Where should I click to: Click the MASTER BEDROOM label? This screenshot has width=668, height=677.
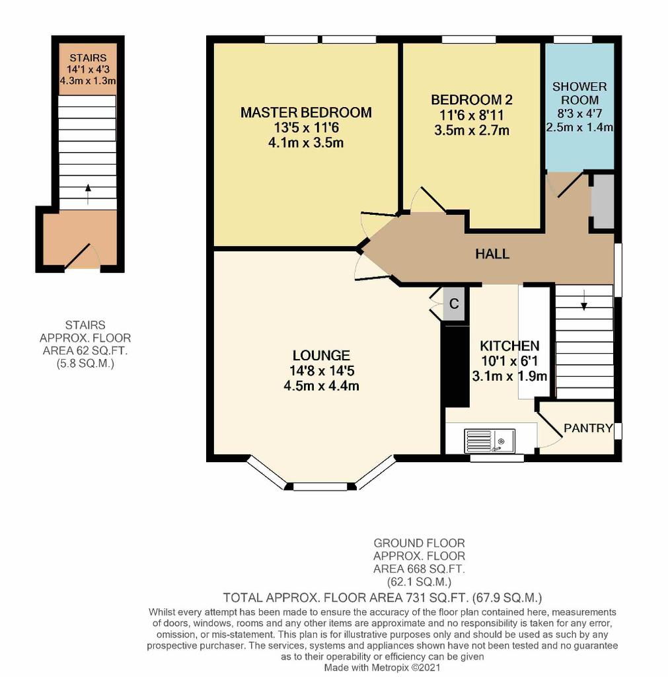click(x=306, y=112)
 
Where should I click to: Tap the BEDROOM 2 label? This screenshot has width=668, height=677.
click(x=472, y=100)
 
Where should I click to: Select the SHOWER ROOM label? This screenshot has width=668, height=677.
click(x=579, y=93)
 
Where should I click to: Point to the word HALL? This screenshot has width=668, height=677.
click(x=492, y=254)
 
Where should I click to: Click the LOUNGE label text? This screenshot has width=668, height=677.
click(x=321, y=355)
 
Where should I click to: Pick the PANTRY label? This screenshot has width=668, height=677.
click(x=588, y=428)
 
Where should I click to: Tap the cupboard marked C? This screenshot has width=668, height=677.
click(x=454, y=304)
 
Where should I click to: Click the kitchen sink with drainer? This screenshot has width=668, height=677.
click(x=490, y=441)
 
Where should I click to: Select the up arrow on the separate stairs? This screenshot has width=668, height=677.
click(x=88, y=194)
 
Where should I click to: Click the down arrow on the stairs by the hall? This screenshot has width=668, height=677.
click(x=584, y=301)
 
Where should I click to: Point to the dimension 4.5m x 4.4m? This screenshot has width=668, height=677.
click(x=321, y=385)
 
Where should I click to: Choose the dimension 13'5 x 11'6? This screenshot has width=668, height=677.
click(x=306, y=128)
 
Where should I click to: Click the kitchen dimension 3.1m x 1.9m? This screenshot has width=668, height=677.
click(x=509, y=376)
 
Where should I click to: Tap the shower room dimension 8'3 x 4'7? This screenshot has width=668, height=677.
click(x=579, y=114)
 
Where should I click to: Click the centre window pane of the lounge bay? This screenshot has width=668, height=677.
click(x=320, y=487)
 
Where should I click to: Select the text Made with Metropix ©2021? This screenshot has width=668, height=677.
click(x=383, y=668)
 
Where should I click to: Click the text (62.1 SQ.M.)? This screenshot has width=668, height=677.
click(x=419, y=582)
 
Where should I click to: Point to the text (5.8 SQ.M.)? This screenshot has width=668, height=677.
click(x=85, y=364)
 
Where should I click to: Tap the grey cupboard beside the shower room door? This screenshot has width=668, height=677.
click(x=603, y=201)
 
